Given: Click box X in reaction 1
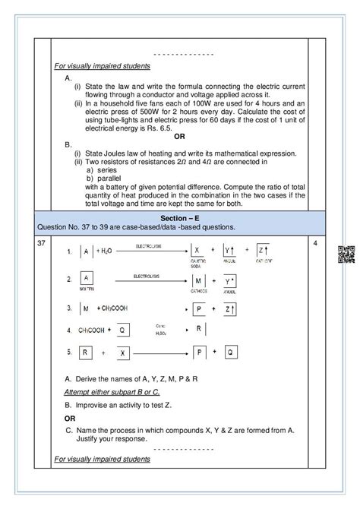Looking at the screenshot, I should coord(197,250).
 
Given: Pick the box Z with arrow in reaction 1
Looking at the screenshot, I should coord(262,250).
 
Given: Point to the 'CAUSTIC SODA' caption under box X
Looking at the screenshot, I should coord(198,264).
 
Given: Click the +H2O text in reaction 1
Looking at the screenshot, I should coord(106,251).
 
